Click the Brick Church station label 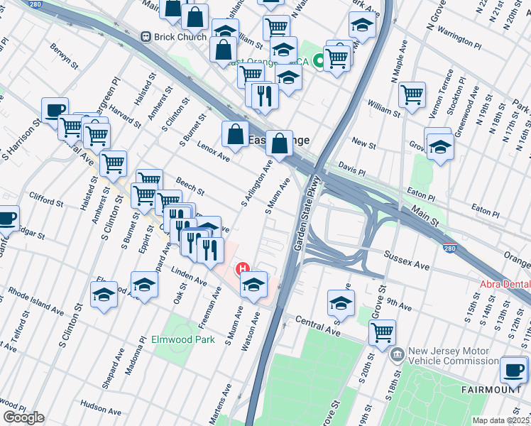tap(175, 36)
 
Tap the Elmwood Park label tap(183, 339)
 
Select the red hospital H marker tap(243, 269)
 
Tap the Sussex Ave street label tap(407, 259)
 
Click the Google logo tap(23, 417)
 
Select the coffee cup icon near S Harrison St tap(55, 111)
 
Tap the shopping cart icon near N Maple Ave tap(412, 94)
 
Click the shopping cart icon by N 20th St tap(382, 332)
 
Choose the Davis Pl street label tap(351, 171)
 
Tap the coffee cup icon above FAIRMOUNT tap(513, 368)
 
